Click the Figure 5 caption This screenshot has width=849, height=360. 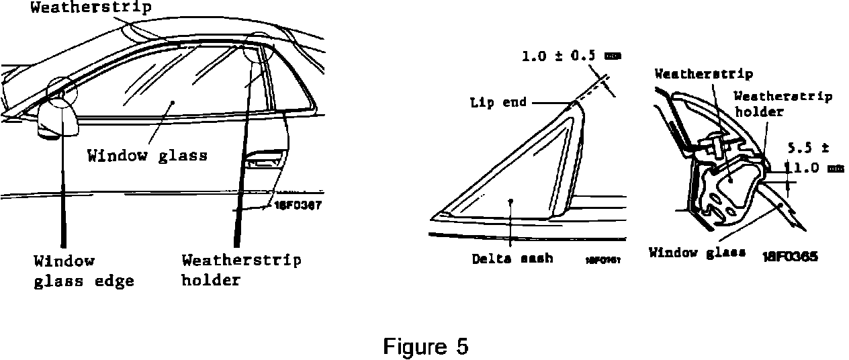coord(425,347)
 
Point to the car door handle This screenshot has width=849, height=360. coord(263,161)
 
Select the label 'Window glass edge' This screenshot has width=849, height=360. coord(84,271)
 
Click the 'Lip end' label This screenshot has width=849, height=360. coord(498,103)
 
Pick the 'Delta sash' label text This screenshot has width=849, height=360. coord(512,258)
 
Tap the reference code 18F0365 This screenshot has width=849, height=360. coord(790,256)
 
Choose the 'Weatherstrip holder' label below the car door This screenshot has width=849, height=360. coord(241,270)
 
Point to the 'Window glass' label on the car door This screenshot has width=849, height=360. coord(147,155)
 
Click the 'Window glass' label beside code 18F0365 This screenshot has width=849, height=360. coord(697,253)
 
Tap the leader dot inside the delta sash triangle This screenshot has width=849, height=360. coord(510,200)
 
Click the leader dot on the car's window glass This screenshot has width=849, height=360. coord(173,103)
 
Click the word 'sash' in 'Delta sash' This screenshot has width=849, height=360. coord(539,258)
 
